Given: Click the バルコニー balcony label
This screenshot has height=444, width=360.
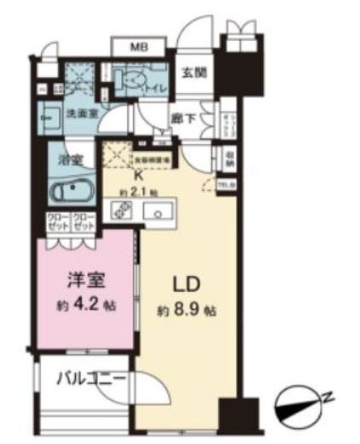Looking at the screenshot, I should click(91, 378).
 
